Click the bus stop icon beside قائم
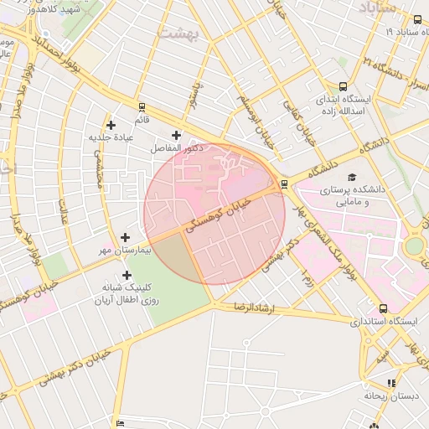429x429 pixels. (142, 107)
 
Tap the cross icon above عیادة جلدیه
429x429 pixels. (111, 125)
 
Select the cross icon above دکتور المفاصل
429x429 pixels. (176, 136)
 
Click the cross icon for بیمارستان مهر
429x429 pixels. (126, 238)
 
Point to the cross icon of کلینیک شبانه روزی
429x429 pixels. (127, 275)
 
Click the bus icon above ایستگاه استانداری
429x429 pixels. (384, 308)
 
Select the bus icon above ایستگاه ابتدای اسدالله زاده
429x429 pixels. (344, 86)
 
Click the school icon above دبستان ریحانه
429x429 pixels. (391, 382)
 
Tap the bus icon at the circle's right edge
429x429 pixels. (284, 184)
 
